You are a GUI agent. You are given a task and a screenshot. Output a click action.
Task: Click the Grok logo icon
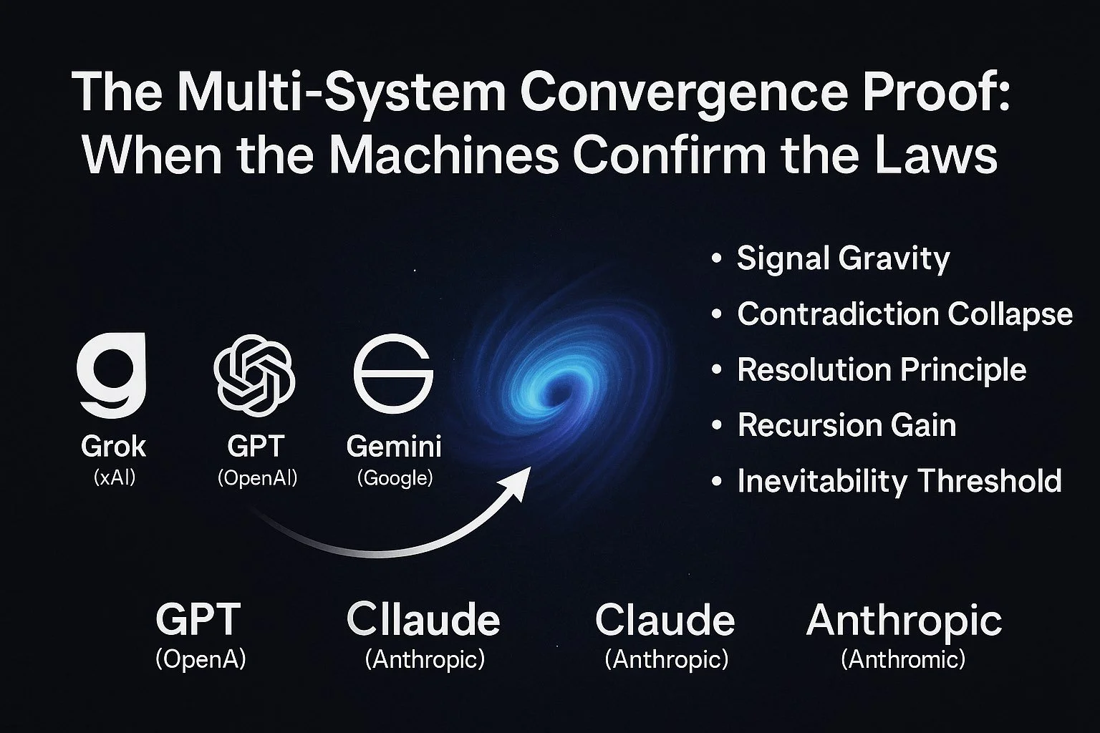click(112, 374)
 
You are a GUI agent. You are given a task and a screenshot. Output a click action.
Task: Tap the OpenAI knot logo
click(254, 373)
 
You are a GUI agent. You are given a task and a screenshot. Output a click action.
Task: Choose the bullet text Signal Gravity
click(843, 258)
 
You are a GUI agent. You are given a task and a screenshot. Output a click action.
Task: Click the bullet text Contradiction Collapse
click(904, 314)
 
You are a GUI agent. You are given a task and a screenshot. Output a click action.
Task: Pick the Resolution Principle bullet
click(882, 369)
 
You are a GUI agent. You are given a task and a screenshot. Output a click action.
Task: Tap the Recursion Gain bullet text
click(846, 425)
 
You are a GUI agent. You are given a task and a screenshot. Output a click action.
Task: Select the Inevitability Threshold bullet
click(899, 480)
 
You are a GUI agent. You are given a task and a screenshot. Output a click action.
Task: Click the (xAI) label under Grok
click(115, 477)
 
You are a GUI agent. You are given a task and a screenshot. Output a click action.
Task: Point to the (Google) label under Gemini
click(395, 477)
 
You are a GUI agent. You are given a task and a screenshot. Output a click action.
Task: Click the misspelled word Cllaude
click(423, 619)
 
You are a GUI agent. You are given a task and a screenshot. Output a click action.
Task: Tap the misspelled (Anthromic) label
click(903, 659)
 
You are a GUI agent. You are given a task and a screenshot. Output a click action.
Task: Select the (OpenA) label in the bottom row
click(201, 659)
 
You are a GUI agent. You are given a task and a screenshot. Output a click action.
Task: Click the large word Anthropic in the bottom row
click(904, 620)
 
